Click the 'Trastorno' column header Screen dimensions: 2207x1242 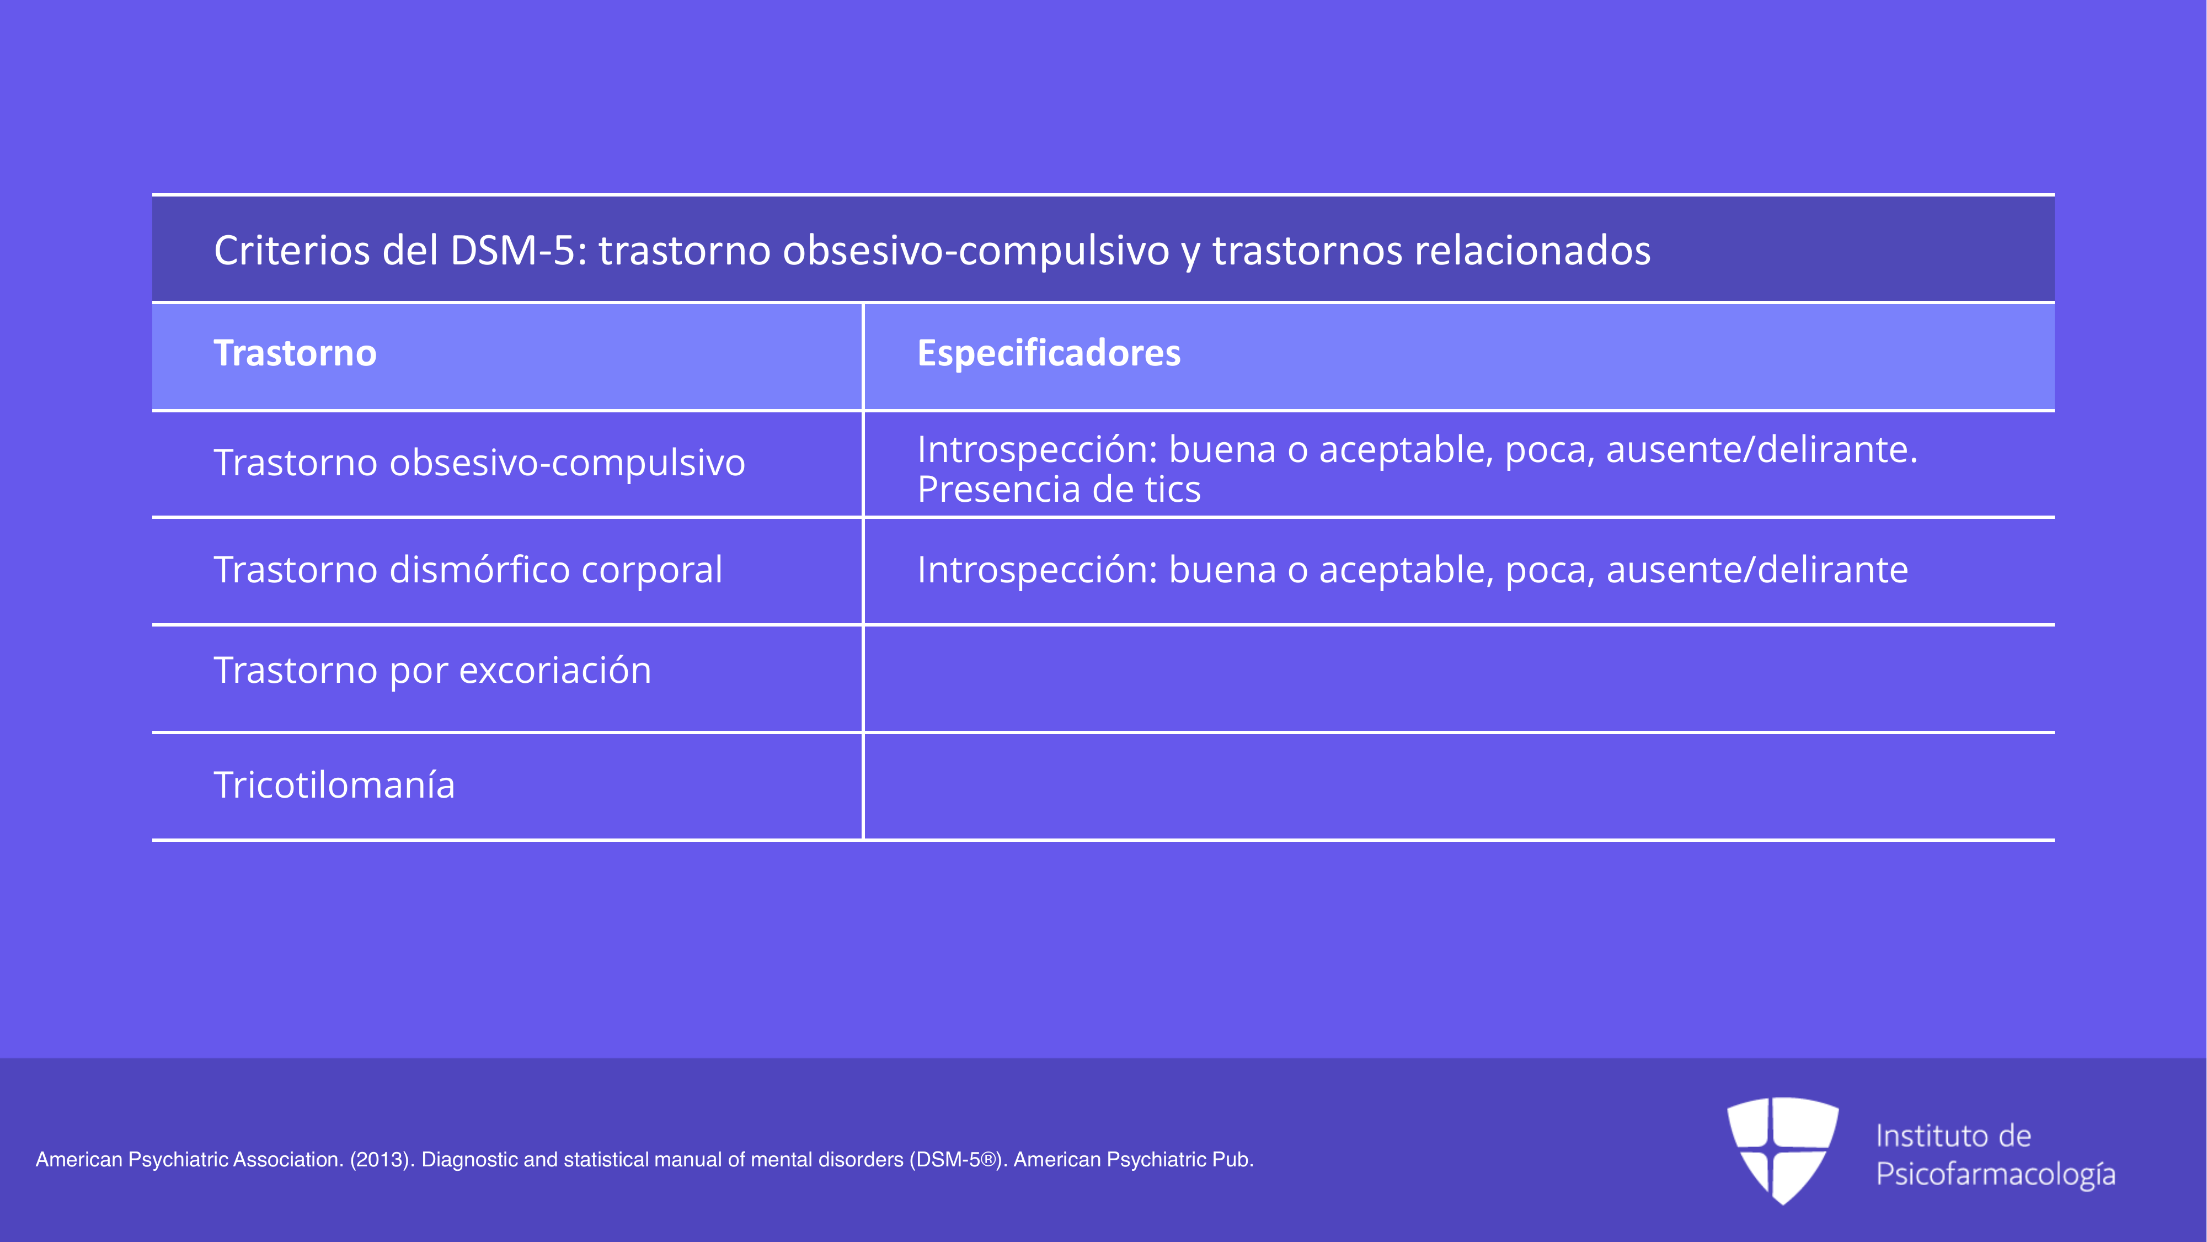[x=295, y=353]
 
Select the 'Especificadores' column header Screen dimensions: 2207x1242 [x=1049, y=353]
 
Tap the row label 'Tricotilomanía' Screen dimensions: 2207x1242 [x=334, y=784]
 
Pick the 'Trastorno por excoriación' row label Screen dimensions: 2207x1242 [x=432, y=670]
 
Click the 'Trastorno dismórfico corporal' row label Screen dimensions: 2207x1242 [x=468, y=570]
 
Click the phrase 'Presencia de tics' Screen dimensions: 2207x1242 [x=1059, y=490]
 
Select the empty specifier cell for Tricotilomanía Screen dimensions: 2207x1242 [x=1459, y=786]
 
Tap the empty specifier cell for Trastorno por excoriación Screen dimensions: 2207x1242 [x=1459, y=679]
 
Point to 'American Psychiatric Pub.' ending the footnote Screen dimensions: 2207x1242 [x=1134, y=1160]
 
